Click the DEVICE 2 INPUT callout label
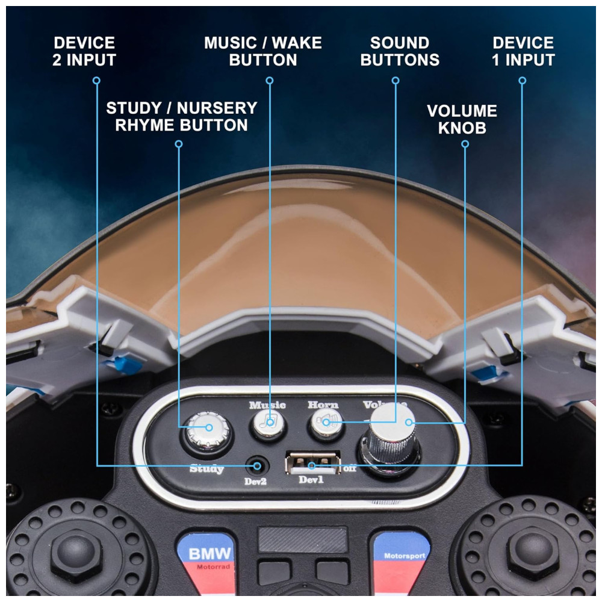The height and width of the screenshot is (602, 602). [x=84, y=51]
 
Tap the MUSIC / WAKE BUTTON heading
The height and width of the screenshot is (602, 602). [x=263, y=51]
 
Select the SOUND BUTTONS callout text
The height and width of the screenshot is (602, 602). [x=400, y=51]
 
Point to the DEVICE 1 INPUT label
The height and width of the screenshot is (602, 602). [x=523, y=51]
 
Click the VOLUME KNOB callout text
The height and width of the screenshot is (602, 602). [x=462, y=119]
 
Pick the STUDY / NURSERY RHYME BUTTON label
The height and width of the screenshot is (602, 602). [x=182, y=117]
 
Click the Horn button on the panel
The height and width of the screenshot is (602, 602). [x=326, y=423]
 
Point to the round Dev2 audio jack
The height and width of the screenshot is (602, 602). [x=257, y=466]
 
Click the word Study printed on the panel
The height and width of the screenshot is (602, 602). [x=207, y=469]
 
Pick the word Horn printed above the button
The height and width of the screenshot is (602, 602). [x=323, y=405]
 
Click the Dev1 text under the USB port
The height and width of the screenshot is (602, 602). [x=311, y=480]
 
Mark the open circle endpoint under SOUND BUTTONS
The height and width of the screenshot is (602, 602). [x=396, y=80]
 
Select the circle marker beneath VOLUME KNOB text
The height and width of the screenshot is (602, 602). [x=465, y=144]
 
